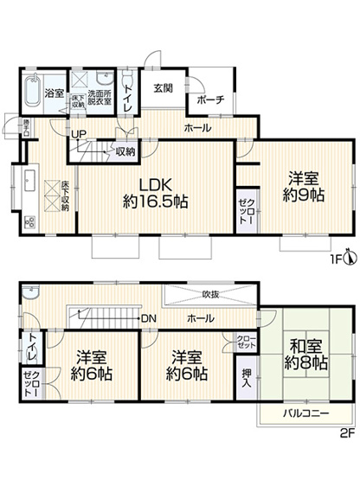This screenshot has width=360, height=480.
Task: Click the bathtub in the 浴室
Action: click(x=32, y=92)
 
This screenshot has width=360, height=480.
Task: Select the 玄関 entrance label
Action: click(x=164, y=88)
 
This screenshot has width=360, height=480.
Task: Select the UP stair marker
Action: click(x=79, y=135)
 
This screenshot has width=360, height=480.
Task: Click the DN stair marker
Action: click(x=148, y=317)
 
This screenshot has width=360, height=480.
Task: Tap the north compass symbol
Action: click(x=350, y=257)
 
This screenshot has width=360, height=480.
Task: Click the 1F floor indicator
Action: click(x=334, y=258)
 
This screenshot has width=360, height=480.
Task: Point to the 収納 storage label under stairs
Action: click(x=125, y=152)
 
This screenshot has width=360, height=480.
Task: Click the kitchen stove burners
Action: click(x=28, y=221)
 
